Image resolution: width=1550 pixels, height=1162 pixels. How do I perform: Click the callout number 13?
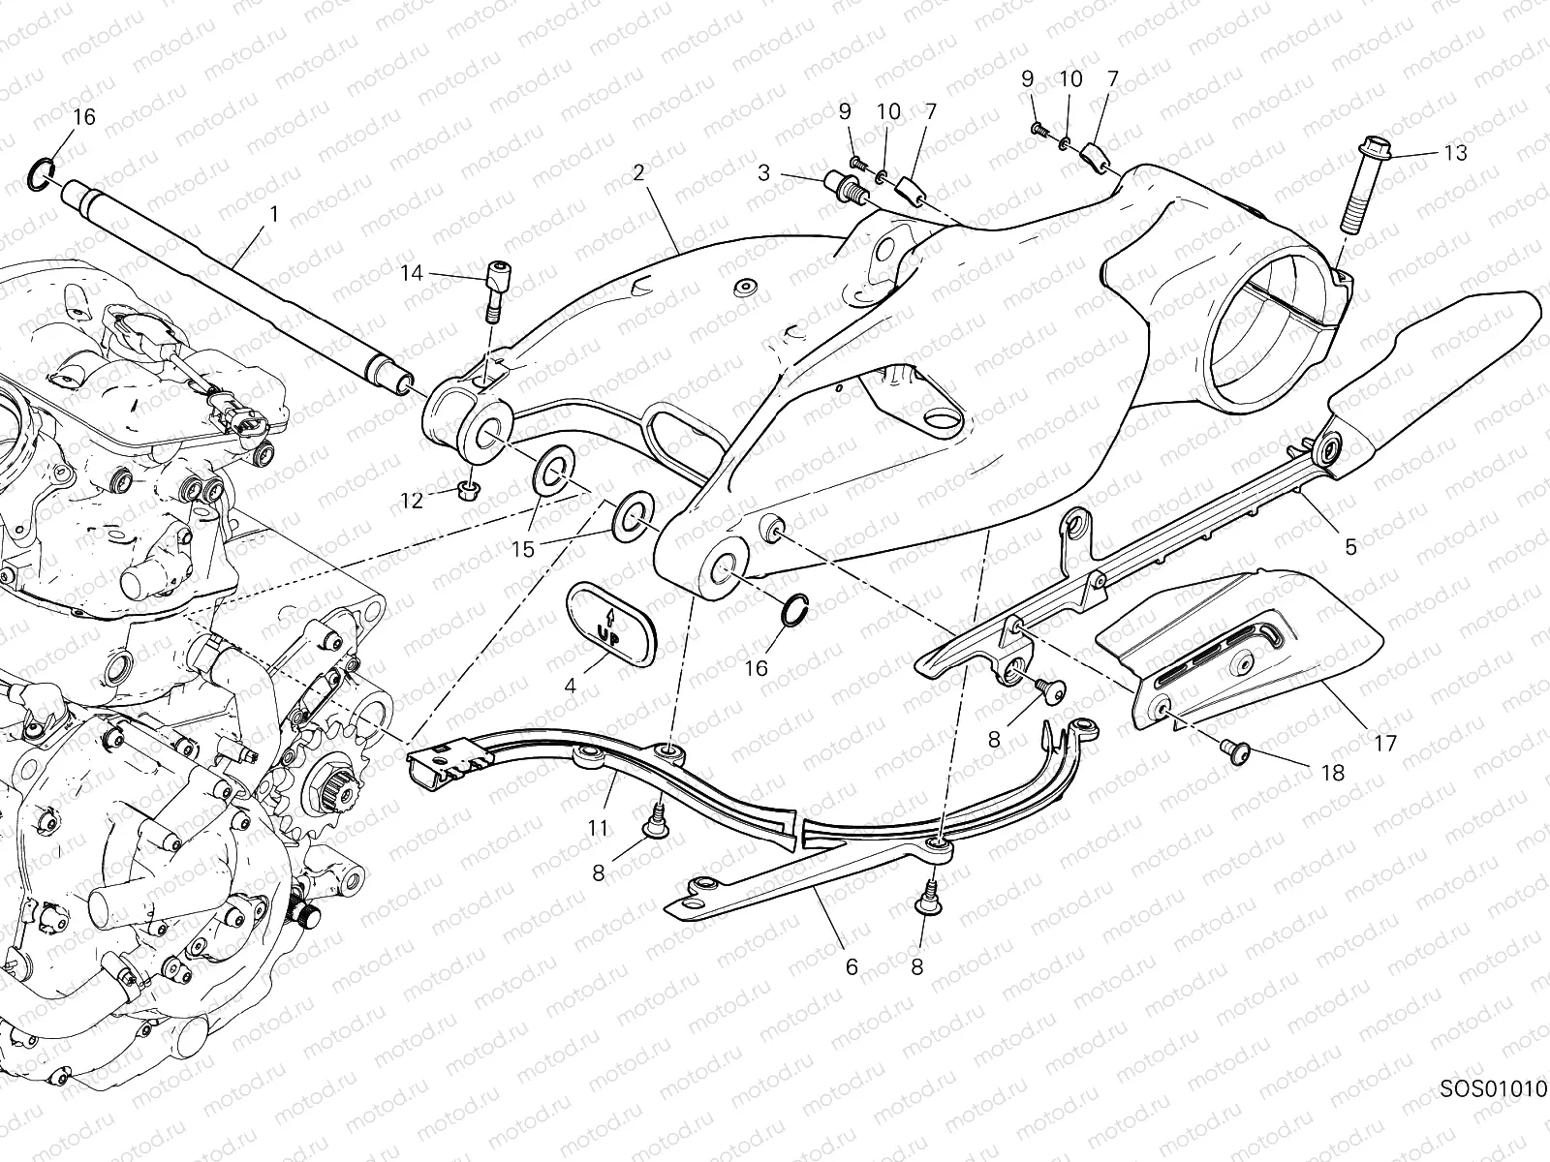[x=1454, y=153]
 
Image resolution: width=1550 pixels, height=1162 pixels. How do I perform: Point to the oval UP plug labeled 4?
[x=607, y=623]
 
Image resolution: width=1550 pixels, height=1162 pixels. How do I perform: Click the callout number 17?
[x=1384, y=744]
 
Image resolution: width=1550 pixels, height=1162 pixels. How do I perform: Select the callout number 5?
[x=1350, y=547]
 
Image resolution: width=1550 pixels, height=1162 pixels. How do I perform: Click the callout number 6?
[x=852, y=966]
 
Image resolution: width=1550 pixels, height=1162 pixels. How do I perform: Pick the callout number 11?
[x=598, y=828]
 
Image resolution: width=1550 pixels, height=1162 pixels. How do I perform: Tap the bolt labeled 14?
[x=495, y=290]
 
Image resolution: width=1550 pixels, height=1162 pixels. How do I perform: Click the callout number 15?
[x=523, y=549]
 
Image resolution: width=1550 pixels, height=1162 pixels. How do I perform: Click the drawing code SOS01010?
[x=1493, y=1114]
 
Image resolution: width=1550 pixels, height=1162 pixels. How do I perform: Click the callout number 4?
[x=570, y=686]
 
